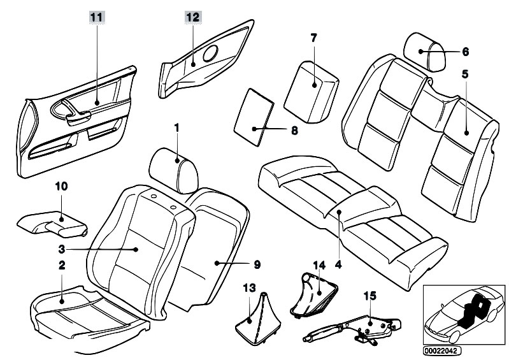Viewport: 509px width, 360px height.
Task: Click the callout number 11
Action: click(x=95, y=17)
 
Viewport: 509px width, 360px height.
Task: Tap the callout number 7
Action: click(x=313, y=38)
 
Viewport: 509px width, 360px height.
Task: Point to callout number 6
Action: click(x=465, y=51)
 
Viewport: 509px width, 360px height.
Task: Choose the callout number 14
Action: click(x=317, y=264)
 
